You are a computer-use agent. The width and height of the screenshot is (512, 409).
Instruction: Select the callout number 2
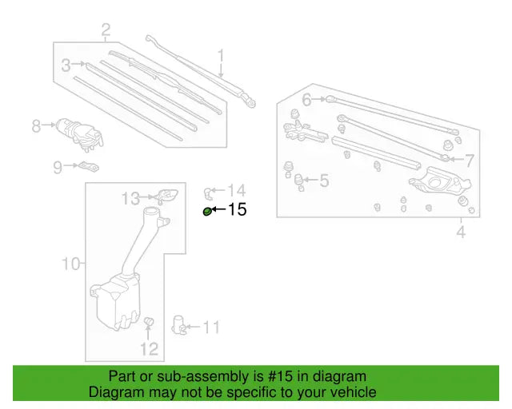106,31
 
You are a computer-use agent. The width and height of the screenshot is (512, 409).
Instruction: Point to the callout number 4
461,232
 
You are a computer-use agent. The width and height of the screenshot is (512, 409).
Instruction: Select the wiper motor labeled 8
77,130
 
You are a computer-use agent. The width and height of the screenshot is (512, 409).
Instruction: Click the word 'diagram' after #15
339,376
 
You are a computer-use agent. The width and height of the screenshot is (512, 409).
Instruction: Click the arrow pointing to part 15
219,210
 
